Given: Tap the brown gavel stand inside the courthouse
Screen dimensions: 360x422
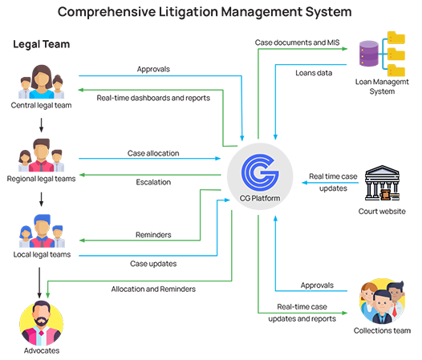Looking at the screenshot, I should click(384, 193).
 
